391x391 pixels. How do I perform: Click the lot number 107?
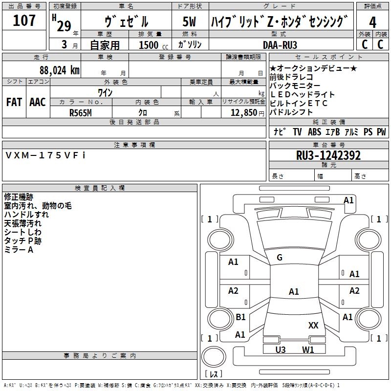[x=24, y=21]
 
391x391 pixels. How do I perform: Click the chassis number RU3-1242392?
[x=328, y=155]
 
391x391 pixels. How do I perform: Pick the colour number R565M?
[x=81, y=111]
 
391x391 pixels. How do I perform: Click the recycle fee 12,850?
[x=240, y=112]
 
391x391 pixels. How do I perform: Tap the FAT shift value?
[x=14, y=102]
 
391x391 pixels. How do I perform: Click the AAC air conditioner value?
[x=38, y=102]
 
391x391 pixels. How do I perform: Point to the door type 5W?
[x=189, y=22]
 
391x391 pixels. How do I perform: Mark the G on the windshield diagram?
[x=280, y=258]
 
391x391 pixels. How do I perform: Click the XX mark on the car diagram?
[x=313, y=325]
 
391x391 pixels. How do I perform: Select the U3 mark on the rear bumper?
[x=281, y=349]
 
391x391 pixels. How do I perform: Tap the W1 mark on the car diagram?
[x=308, y=349]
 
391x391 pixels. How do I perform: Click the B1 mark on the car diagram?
[x=240, y=317]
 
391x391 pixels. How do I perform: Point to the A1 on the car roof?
[x=293, y=292]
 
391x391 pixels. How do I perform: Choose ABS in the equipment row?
[x=314, y=131]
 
